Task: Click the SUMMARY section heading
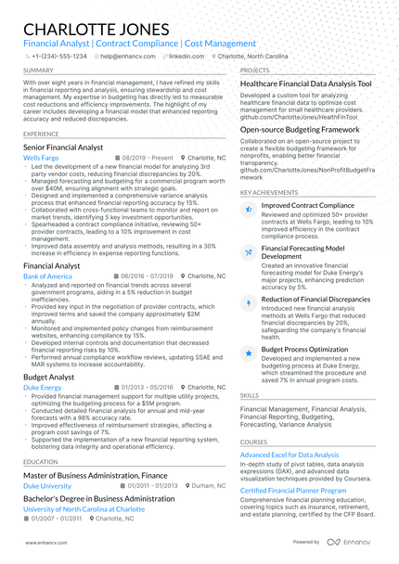[x=38, y=70]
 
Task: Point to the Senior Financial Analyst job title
[x=63, y=147]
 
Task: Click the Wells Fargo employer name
[x=41, y=159]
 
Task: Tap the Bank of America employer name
[x=47, y=276]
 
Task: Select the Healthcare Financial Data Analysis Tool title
[x=305, y=83]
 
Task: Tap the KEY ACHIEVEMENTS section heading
[x=270, y=192]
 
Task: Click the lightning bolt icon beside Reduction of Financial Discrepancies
[x=248, y=302]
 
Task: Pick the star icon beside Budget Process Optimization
[x=248, y=352]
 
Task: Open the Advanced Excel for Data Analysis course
[x=290, y=455]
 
